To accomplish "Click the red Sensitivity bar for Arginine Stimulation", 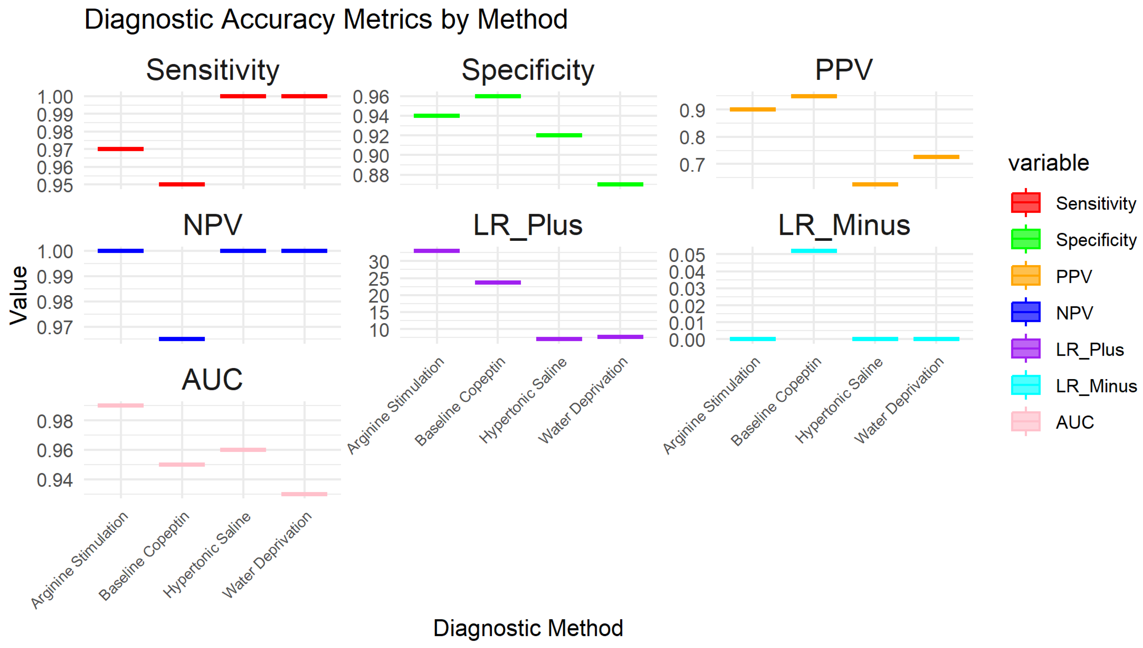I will pyautogui.click(x=121, y=149).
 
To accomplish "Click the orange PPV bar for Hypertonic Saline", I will pyautogui.click(x=875, y=184).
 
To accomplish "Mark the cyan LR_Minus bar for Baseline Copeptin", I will pyautogui.click(x=814, y=251).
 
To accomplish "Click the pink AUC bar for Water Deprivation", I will pyautogui.click(x=304, y=494).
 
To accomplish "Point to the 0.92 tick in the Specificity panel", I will pyautogui.click(x=370, y=137).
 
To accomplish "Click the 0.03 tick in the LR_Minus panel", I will pyautogui.click(x=686, y=289).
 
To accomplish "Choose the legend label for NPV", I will pyautogui.click(x=1074, y=313).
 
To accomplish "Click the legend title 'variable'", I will pyautogui.click(x=1048, y=163).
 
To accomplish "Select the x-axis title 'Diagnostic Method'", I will pyautogui.click(x=528, y=628).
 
